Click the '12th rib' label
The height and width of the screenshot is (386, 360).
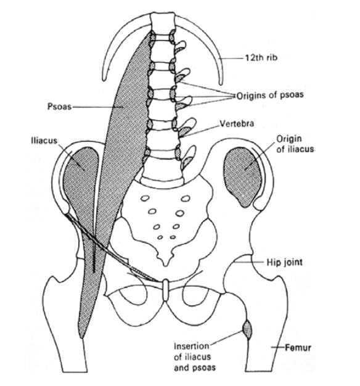(261, 57)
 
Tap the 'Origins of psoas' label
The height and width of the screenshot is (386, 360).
(270, 96)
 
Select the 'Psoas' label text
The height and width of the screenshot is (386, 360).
(59, 107)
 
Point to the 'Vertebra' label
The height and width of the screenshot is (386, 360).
(237, 123)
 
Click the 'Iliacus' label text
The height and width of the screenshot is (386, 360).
(44, 141)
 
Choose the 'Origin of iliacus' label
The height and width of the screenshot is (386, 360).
(295, 144)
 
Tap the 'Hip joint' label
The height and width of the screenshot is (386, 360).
(285, 262)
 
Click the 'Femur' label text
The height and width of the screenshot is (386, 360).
(298, 348)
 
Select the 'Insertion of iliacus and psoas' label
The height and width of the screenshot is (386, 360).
(195, 357)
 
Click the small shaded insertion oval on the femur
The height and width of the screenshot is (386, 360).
(247, 329)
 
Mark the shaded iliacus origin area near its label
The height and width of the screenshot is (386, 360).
(242, 176)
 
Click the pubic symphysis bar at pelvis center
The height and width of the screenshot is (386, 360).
(166, 290)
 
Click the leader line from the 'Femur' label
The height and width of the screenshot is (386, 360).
(278, 347)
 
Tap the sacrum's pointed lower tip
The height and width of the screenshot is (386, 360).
(166, 265)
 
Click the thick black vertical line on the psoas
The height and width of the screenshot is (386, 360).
(94, 258)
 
